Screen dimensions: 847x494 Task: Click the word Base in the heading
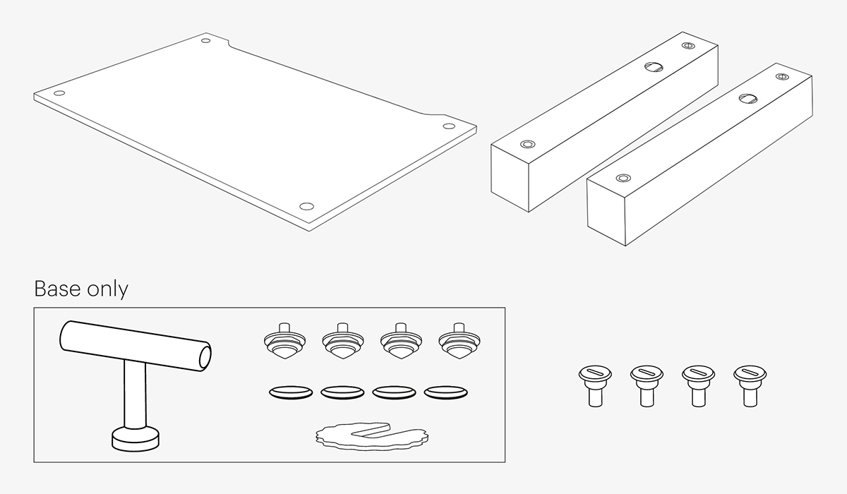click(57, 289)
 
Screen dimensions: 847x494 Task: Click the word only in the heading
click(108, 290)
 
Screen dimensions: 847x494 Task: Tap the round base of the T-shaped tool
click(136, 439)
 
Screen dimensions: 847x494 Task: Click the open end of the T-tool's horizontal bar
click(205, 356)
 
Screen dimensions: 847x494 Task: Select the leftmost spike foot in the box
click(284, 341)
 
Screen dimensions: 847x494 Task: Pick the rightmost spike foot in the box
click(459, 341)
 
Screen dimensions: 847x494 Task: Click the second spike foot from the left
click(342, 341)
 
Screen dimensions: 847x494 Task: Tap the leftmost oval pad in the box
click(291, 392)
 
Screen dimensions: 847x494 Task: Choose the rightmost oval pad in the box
click(445, 392)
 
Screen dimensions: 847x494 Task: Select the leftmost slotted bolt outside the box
click(595, 386)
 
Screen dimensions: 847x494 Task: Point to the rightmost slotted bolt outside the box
click(750, 386)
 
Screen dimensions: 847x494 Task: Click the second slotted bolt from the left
click(647, 386)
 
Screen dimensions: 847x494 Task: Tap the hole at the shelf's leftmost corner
click(59, 93)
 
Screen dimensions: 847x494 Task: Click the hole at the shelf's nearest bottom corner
click(306, 206)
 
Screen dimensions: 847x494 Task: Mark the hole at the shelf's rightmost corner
click(449, 126)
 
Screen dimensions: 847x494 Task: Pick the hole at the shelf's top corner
click(205, 40)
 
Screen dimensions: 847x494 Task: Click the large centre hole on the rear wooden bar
click(654, 67)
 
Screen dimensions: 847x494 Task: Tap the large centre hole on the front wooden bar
click(748, 99)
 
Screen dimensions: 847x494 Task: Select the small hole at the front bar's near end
click(623, 178)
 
